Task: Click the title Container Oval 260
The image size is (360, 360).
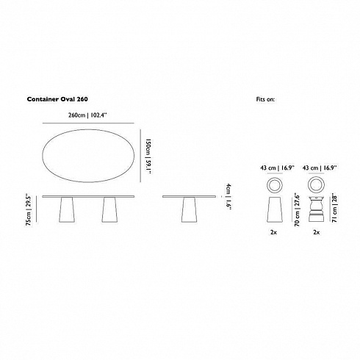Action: (x=57, y=99)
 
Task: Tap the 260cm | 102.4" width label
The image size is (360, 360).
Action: (x=87, y=115)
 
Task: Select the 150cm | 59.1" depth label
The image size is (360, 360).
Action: (x=148, y=156)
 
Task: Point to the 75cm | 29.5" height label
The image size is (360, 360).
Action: (x=29, y=210)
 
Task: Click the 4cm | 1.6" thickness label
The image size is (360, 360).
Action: (x=228, y=197)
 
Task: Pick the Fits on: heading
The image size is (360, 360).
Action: (x=265, y=99)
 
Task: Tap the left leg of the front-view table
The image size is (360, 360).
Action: (x=67, y=210)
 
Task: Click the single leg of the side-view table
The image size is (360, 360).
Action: (x=189, y=210)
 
